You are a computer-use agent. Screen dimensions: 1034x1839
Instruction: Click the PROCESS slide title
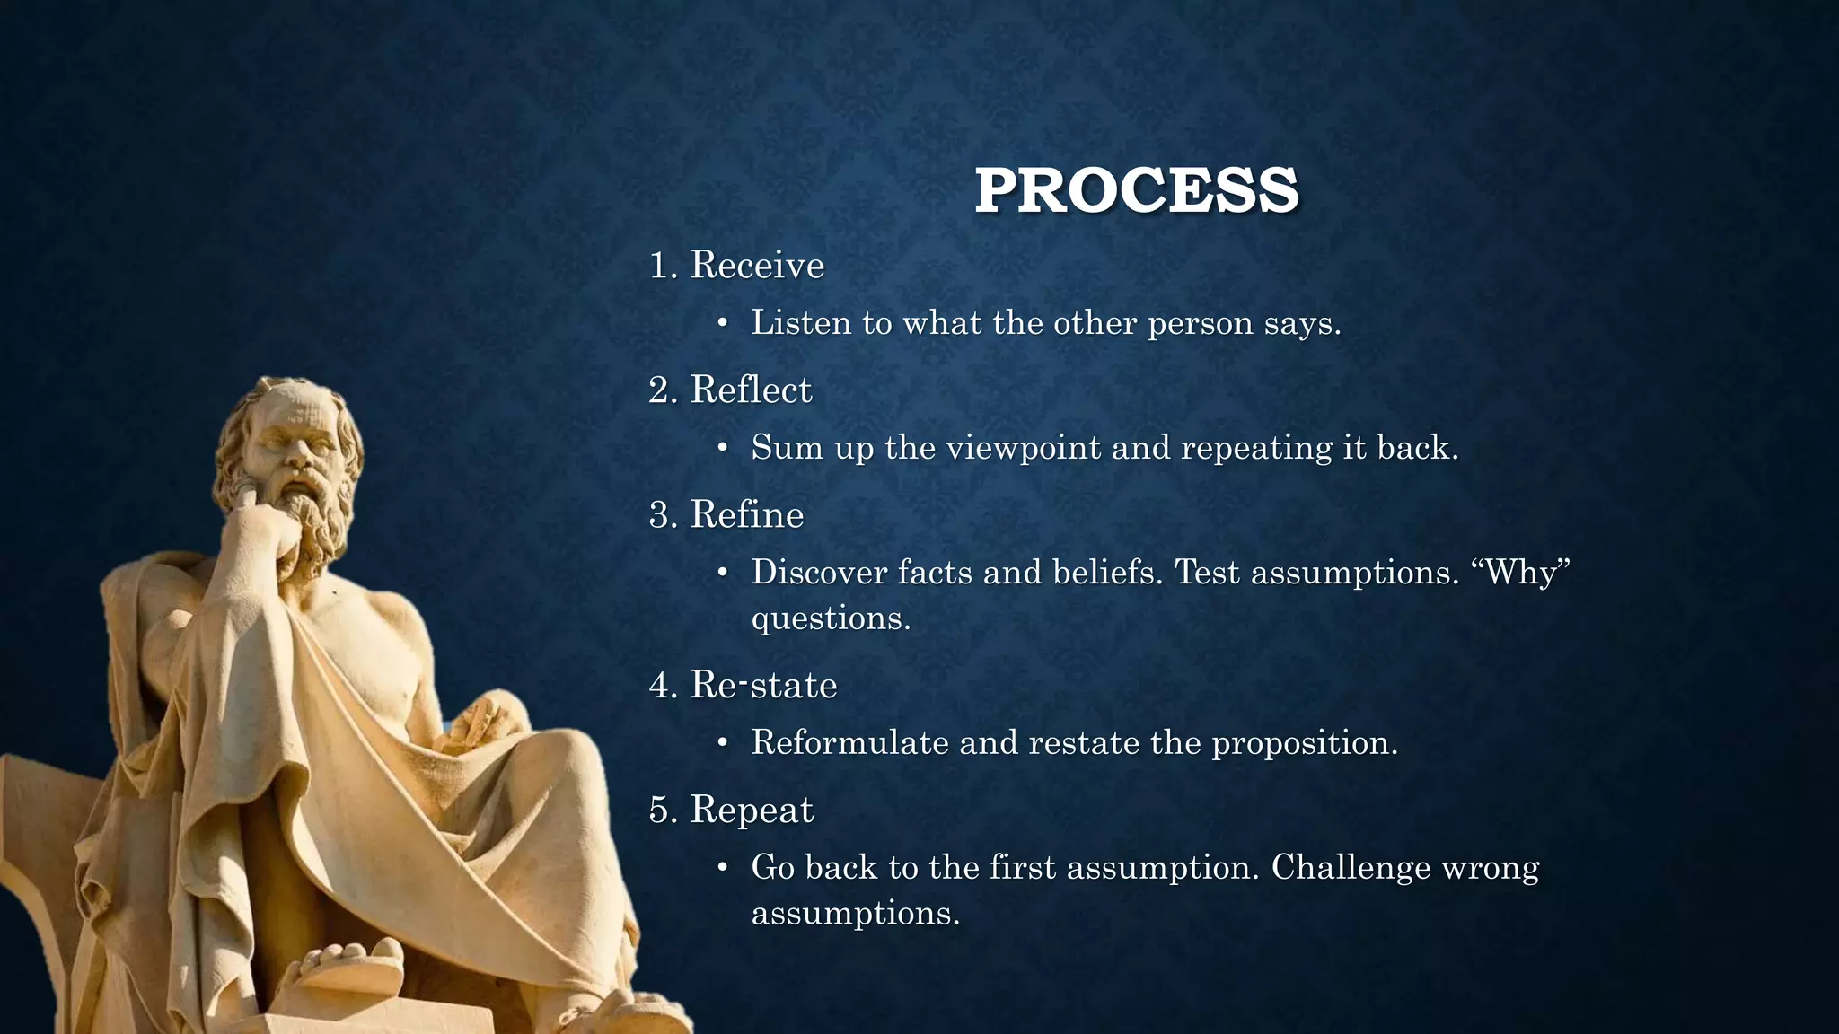(x=1136, y=190)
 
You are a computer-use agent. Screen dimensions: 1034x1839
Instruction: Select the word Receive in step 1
(x=756, y=265)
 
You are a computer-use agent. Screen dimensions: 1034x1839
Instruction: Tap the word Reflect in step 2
(x=750, y=390)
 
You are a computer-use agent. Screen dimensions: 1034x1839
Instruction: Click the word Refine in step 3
(x=746, y=514)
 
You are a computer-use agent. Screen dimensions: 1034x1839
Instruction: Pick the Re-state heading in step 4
(x=762, y=685)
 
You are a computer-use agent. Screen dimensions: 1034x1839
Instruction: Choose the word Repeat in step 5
(x=751, y=810)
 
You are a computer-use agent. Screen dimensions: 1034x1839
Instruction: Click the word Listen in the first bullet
(x=800, y=322)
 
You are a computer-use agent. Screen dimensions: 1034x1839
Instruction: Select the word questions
(x=831, y=618)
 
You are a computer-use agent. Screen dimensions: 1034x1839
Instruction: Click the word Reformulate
(x=849, y=742)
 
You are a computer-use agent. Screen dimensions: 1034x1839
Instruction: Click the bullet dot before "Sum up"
(x=722, y=447)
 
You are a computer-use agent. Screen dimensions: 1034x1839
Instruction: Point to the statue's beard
(x=314, y=521)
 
